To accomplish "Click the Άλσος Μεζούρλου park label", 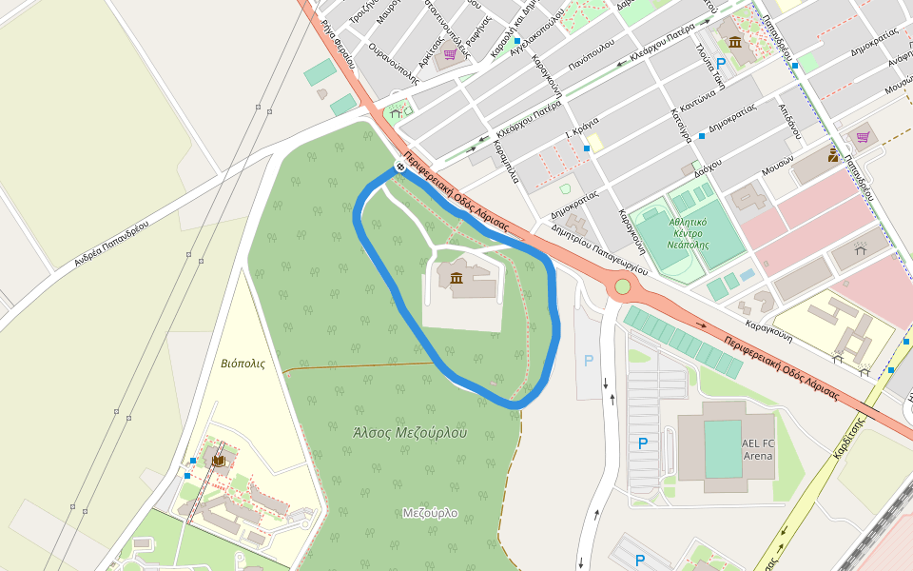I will [410, 431].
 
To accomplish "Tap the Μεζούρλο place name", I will [430, 513].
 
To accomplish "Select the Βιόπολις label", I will [243, 364].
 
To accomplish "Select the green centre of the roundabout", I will [623, 286].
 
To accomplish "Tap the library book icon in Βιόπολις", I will [219, 462].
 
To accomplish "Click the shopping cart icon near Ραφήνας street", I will [450, 54].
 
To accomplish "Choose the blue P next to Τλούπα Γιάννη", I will [721, 63].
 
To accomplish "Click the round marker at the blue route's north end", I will [400, 167].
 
